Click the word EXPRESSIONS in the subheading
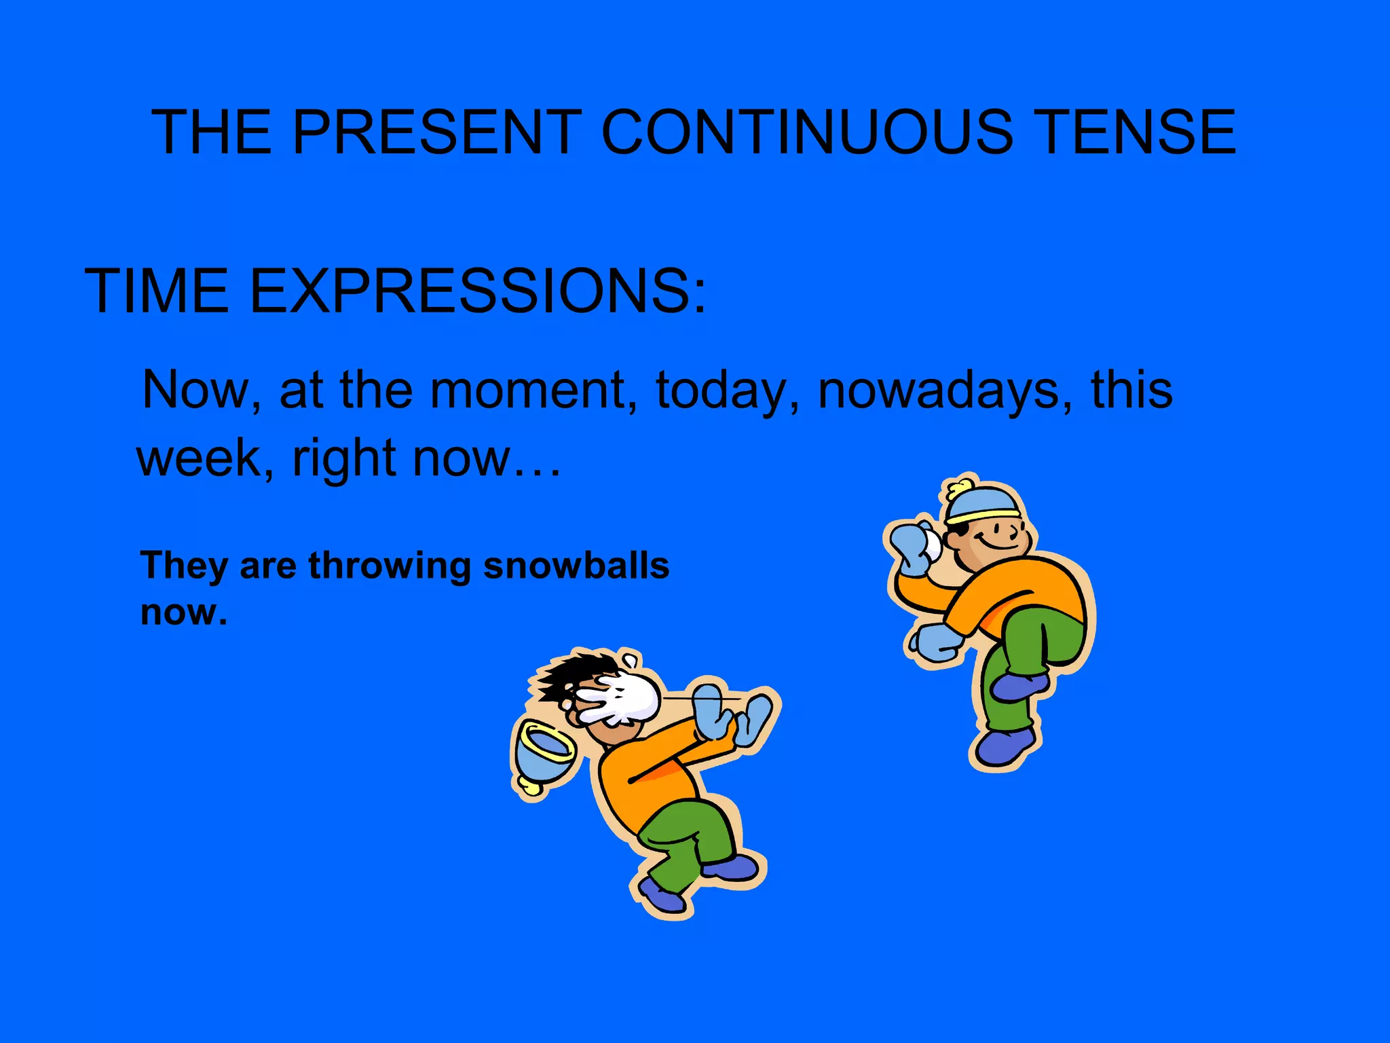click(x=478, y=291)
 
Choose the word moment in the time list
click(x=528, y=390)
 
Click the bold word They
click(x=183, y=566)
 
